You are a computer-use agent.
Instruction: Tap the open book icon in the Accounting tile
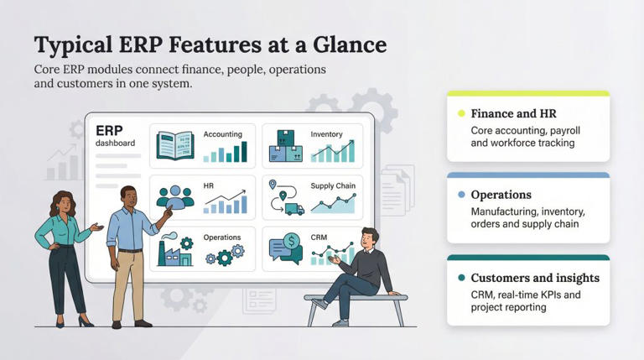click(175, 147)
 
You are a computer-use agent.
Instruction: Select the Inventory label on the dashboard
click(326, 134)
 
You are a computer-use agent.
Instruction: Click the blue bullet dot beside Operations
click(460, 195)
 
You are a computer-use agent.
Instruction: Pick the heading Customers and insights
click(535, 278)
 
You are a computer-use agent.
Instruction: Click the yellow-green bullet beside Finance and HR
click(460, 113)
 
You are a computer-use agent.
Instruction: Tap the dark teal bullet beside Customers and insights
click(460, 278)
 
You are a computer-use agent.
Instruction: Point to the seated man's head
click(369, 237)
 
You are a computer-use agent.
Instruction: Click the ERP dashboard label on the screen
click(112, 136)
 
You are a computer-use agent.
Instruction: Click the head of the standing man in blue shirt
click(129, 196)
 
